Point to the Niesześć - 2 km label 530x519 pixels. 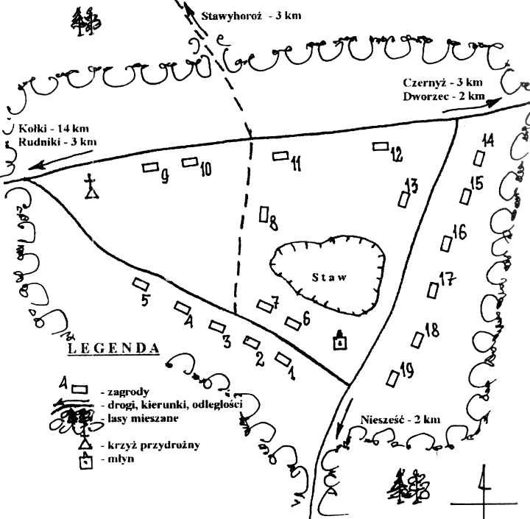coord(401,420)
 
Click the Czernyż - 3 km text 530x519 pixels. coord(442,82)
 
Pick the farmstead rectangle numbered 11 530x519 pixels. coord(280,155)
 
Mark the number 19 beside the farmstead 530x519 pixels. coord(405,370)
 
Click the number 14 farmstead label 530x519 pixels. coord(488,140)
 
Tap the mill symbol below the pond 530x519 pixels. coord(339,340)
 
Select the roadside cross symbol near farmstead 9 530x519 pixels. coord(91,188)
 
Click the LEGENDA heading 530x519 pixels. coord(113,349)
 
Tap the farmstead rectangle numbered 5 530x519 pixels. coord(138,283)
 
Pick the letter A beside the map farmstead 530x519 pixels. coord(189,321)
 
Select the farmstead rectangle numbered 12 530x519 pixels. coord(380,146)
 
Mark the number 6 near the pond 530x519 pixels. coord(305,317)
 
